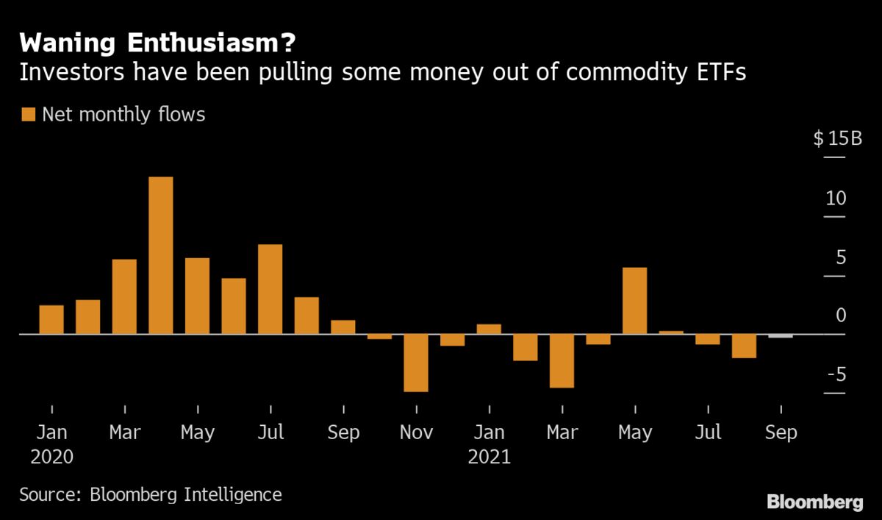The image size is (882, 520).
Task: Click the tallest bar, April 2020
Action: point(161,255)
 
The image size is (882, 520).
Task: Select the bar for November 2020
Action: point(416,363)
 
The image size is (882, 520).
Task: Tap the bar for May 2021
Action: point(635,301)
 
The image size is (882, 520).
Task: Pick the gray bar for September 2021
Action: point(781,336)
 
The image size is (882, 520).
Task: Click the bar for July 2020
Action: point(270,289)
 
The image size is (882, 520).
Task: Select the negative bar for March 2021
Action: point(562,360)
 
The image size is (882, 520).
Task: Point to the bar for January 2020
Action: point(51,319)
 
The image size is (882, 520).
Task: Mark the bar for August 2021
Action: point(744,346)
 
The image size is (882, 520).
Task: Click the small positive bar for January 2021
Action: point(489,329)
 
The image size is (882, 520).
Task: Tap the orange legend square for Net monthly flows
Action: point(29,114)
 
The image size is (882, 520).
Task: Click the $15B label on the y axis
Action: point(837,139)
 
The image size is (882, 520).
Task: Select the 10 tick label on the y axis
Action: point(836,199)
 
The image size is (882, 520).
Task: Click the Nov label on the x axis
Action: point(416,432)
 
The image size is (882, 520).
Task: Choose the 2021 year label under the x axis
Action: point(489,457)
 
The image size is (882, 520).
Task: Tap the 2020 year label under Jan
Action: point(51,457)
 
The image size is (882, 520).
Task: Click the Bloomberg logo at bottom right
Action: point(814,502)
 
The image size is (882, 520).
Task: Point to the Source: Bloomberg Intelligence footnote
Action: point(150,494)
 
